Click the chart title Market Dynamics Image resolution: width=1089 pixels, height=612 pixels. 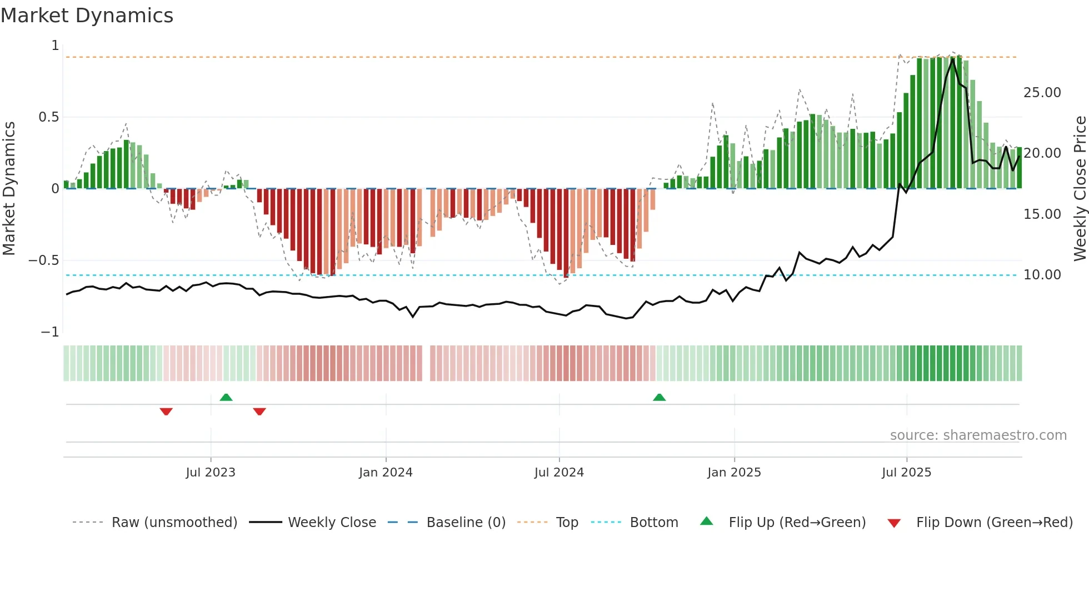coord(87,16)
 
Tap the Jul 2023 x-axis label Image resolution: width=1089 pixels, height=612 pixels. coord(211,473)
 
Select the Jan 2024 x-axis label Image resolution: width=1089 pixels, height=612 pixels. coord(386,473)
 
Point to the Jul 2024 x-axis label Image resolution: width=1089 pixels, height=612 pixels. coord(559,473)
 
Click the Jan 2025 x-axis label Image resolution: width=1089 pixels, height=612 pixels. coord(734,473)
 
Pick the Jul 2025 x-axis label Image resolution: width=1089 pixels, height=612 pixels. coord(906,473)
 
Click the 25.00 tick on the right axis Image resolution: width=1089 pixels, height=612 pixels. coord(1042,93)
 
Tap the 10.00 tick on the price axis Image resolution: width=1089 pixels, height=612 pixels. coord(1042,275)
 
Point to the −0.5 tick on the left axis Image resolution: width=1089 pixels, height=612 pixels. coord(44,260)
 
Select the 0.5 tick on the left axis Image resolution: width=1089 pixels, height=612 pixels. coord(48,117)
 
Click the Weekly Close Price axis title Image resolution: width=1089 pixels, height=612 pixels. coord(1080,189)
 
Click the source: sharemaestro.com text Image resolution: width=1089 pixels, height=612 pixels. coord(978,435)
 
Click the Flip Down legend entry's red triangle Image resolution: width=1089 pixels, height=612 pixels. coord(894,523)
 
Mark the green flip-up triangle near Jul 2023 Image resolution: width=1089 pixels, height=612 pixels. coord(226,398)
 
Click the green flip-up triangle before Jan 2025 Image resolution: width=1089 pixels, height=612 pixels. coord(659,398)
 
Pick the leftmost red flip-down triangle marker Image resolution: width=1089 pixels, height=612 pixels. coord(166,412)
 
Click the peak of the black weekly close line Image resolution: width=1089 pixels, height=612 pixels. coord(953,59)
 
